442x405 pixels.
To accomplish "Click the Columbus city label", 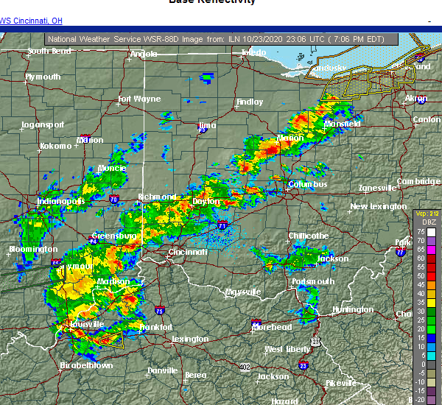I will click(x=307, y=184).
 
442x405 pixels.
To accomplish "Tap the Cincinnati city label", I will click(x=188, y=252).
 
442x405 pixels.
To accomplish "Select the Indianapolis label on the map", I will click(x=63, y=201).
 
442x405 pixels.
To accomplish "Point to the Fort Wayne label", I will click(x=139, y=99).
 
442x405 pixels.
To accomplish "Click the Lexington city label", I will click(x=190, y=339).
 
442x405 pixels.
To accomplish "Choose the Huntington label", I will click(x=353, y=309).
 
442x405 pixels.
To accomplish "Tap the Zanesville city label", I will click(x=377, y=188).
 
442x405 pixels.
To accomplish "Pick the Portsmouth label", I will click(x=313, y=281).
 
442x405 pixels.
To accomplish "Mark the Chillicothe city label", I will click(x=308, y=236).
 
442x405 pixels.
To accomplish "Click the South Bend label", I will click(x=49, y=52).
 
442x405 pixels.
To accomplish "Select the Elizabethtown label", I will click(x=86, y=364).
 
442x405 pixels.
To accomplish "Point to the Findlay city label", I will click(x=249, y=102).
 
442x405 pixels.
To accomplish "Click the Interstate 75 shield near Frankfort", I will click(x=160, y=311).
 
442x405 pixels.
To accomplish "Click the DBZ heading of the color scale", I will click(x=427, y=222).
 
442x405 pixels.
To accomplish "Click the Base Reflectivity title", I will click(x=212, y=2).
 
